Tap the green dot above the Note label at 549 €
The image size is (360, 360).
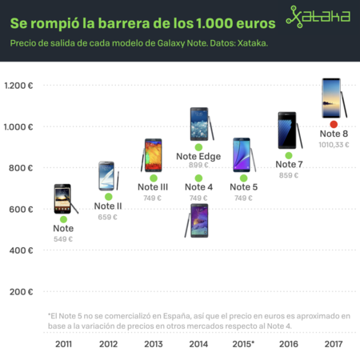click(63, 218)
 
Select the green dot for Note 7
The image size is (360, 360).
click(289, 155)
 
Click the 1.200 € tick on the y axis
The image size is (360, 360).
click(18, 86)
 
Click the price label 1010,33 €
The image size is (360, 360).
click(334, 145)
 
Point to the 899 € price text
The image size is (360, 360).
click(198, 166)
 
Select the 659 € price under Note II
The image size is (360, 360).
click(109, 216)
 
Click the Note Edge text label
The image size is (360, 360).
click(198, 156)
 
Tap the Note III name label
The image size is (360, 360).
click(153, 187)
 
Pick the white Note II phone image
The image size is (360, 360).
click(108, 176)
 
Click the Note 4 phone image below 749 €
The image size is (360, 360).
click(198, 220)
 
